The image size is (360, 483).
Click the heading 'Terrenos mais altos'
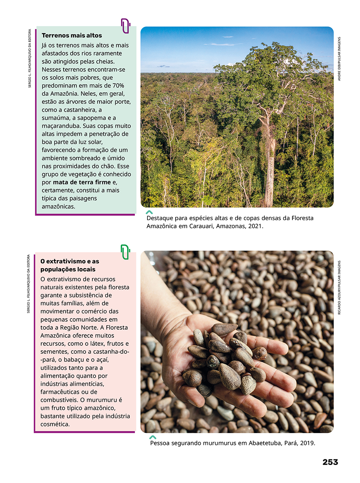(72, 36)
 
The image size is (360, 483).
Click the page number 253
(330, 462)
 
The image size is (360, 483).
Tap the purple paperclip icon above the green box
(125, 26)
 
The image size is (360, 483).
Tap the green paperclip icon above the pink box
(125, 252)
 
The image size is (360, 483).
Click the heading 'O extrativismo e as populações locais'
(70, 265)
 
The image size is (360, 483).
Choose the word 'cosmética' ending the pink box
(55, 424)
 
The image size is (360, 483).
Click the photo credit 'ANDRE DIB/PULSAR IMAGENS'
(339, 59)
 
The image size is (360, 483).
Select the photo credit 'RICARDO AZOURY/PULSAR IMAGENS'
(339, 287)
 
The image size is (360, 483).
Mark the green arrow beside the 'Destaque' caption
(149, 212)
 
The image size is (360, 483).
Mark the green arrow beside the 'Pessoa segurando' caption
(152, 437)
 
